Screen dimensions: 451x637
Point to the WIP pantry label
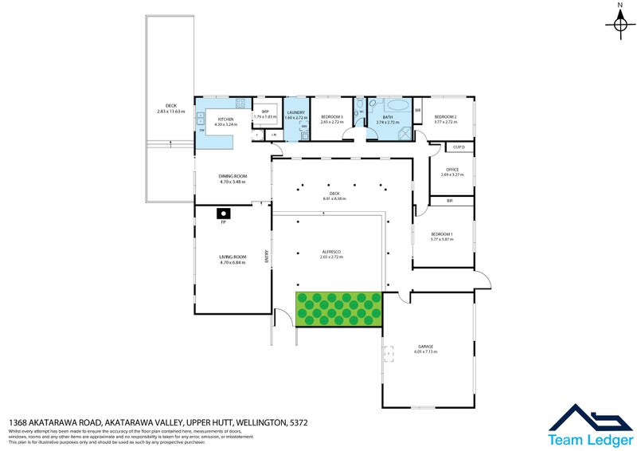click(265, 112)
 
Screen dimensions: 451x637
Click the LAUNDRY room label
click(296, 112)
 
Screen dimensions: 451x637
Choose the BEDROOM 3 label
click(331, 117)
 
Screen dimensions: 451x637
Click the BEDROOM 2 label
click(445, 117)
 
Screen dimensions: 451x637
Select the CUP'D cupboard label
click(459, 147)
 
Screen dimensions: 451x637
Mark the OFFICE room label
click(452, 169)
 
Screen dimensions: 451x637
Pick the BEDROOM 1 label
click(441, 234)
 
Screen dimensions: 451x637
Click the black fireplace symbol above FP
click(225, 213)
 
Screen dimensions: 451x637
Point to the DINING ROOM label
click(233, 176)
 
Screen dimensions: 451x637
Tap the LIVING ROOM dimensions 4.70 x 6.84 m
click(233, 262)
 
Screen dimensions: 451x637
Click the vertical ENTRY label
click(267, 257)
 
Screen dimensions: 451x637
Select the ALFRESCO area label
click(330, 252)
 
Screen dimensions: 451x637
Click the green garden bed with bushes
click(338, 308)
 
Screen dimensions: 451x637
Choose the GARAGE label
click(425, 346)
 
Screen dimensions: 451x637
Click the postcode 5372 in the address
click(295, 422)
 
